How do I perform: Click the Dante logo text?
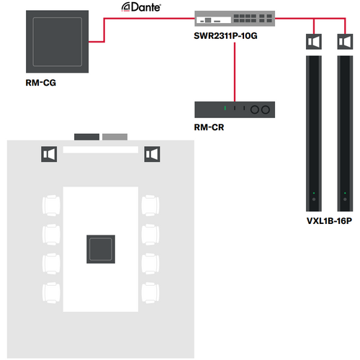point(141,7)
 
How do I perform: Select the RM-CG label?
point(41,83)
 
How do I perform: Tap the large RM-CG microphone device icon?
point(57,42)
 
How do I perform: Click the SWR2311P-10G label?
point(225,36)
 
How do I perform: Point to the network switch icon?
point(235,19)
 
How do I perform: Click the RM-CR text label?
point(209,127)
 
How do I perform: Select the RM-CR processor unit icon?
point(235,109)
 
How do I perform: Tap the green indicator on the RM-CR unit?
point(225,108)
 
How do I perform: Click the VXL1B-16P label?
point(329,221)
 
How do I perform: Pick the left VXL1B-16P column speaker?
point(314,133)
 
